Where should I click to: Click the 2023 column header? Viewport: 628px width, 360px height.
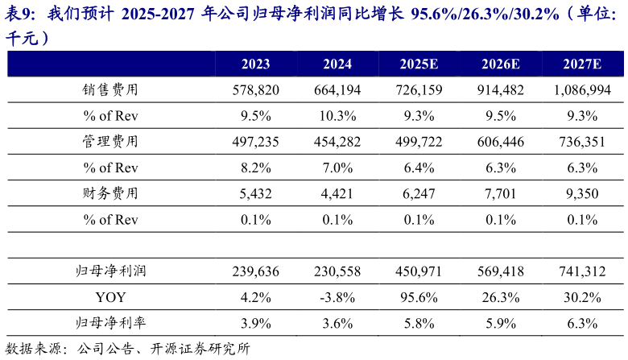(255, 64)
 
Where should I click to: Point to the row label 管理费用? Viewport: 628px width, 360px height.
(110, 142)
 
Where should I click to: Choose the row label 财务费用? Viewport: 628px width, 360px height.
(110, 193)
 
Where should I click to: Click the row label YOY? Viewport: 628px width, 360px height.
(110, 297)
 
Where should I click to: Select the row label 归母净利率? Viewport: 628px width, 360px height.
(110, 323)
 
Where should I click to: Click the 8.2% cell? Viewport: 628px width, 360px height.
(255, 168)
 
